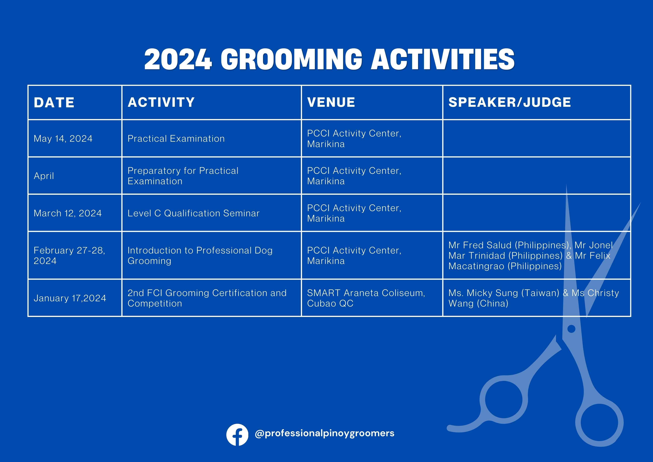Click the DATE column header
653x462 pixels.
[x=54, y=102]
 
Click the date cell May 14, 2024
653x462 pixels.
[x=63, y=139]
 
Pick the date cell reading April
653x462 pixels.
[x=44, y=176]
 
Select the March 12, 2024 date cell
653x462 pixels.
[x=68, y=213]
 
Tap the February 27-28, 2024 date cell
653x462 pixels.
[x=69, y=256]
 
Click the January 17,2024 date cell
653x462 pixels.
[x=70, y=298]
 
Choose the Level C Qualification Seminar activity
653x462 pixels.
[x=193, y=213]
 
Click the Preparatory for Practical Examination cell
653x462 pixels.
[x=183, y=176]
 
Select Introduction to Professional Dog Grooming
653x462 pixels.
[x=200, y=256]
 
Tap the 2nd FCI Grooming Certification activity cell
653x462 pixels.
[x=207, y=298]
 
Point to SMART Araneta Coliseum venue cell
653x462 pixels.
[x=366, y=298]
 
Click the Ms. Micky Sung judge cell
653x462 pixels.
[x=534, y=298]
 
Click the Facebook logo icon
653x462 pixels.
[x=237, y=435]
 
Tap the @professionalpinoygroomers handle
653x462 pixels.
[x=324, y=433]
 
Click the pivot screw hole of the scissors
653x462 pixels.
[x=571, y=329]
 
